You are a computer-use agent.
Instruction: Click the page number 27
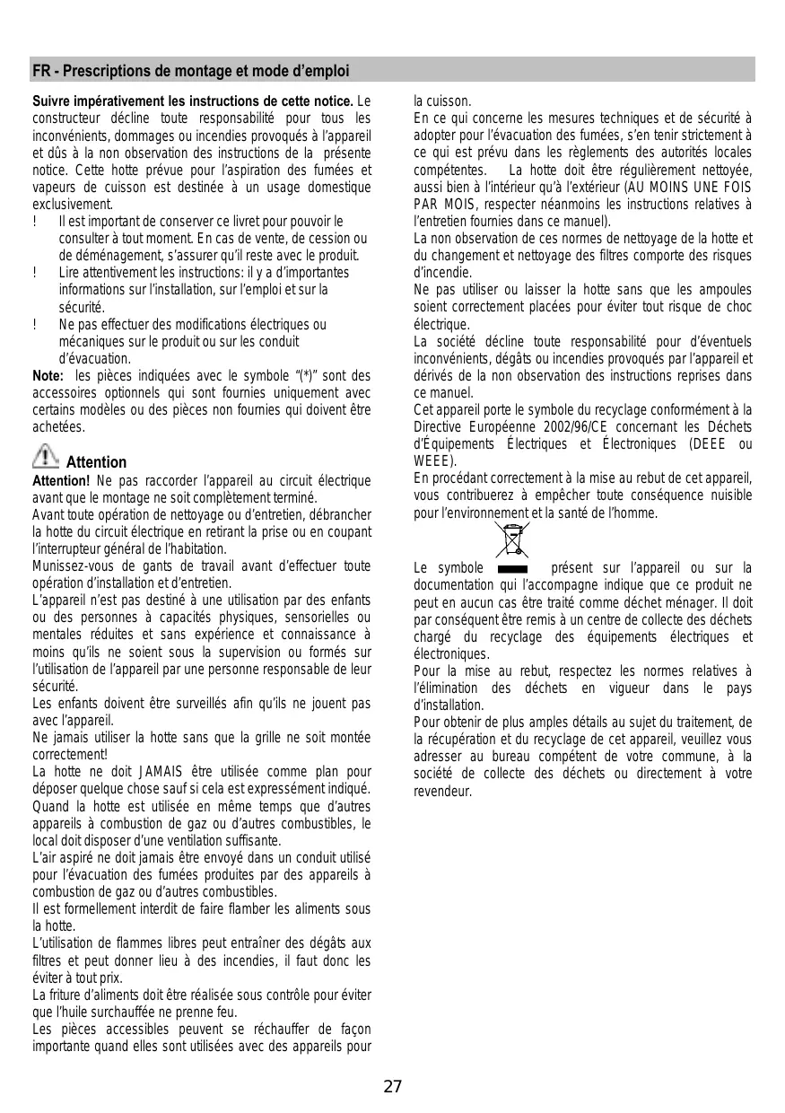pos(393,1087)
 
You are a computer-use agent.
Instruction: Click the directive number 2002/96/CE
pos(563,427)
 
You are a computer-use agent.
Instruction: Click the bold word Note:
pos(48,376)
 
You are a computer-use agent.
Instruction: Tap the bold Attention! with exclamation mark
pos(58,480)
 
